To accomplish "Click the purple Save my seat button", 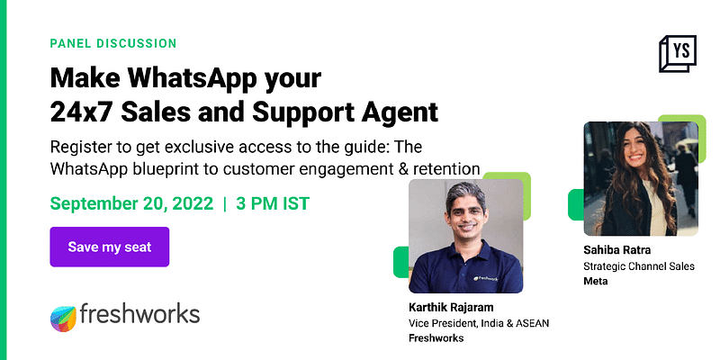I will (x=109, y=247).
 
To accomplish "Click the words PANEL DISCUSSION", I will (x=113, y=43).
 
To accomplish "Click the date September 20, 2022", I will (x=131, y=202).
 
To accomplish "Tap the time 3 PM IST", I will (x=273, y=202).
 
